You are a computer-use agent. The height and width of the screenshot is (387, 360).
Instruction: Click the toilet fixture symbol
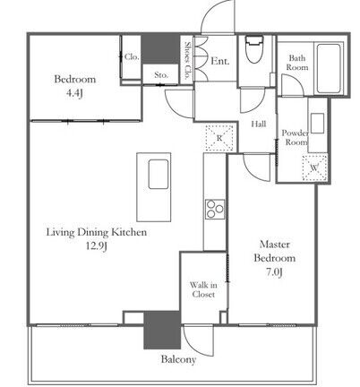[254, 49]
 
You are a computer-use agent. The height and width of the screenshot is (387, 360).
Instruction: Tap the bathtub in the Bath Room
[329, 68]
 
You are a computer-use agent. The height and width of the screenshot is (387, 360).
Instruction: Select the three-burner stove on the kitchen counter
[215, 209]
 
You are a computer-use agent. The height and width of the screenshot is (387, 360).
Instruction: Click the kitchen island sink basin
[159, 174]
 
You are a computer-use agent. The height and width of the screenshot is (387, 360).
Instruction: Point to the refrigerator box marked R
[219, 138]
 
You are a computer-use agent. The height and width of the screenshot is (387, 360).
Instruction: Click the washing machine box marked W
[314, 168]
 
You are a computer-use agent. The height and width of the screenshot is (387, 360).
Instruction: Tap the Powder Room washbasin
[317, 123]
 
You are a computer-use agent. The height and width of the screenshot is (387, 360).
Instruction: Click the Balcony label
[178, 359]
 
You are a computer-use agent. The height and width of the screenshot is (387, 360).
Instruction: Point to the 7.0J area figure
[274, 272]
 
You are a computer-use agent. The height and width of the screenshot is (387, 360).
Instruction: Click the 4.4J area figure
[73, 93]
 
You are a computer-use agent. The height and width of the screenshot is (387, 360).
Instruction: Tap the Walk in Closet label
[203, 289]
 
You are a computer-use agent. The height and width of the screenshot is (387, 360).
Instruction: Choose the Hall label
[259, 124]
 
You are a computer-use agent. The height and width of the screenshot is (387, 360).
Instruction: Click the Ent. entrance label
[220, 61]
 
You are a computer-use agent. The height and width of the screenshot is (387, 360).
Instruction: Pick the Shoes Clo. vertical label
[188, 61]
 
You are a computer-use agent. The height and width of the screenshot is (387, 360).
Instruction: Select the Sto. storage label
[161, 75]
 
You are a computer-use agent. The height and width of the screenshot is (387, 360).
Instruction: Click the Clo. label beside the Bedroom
[132, 56]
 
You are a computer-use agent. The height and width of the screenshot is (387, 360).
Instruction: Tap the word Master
[275, 245]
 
